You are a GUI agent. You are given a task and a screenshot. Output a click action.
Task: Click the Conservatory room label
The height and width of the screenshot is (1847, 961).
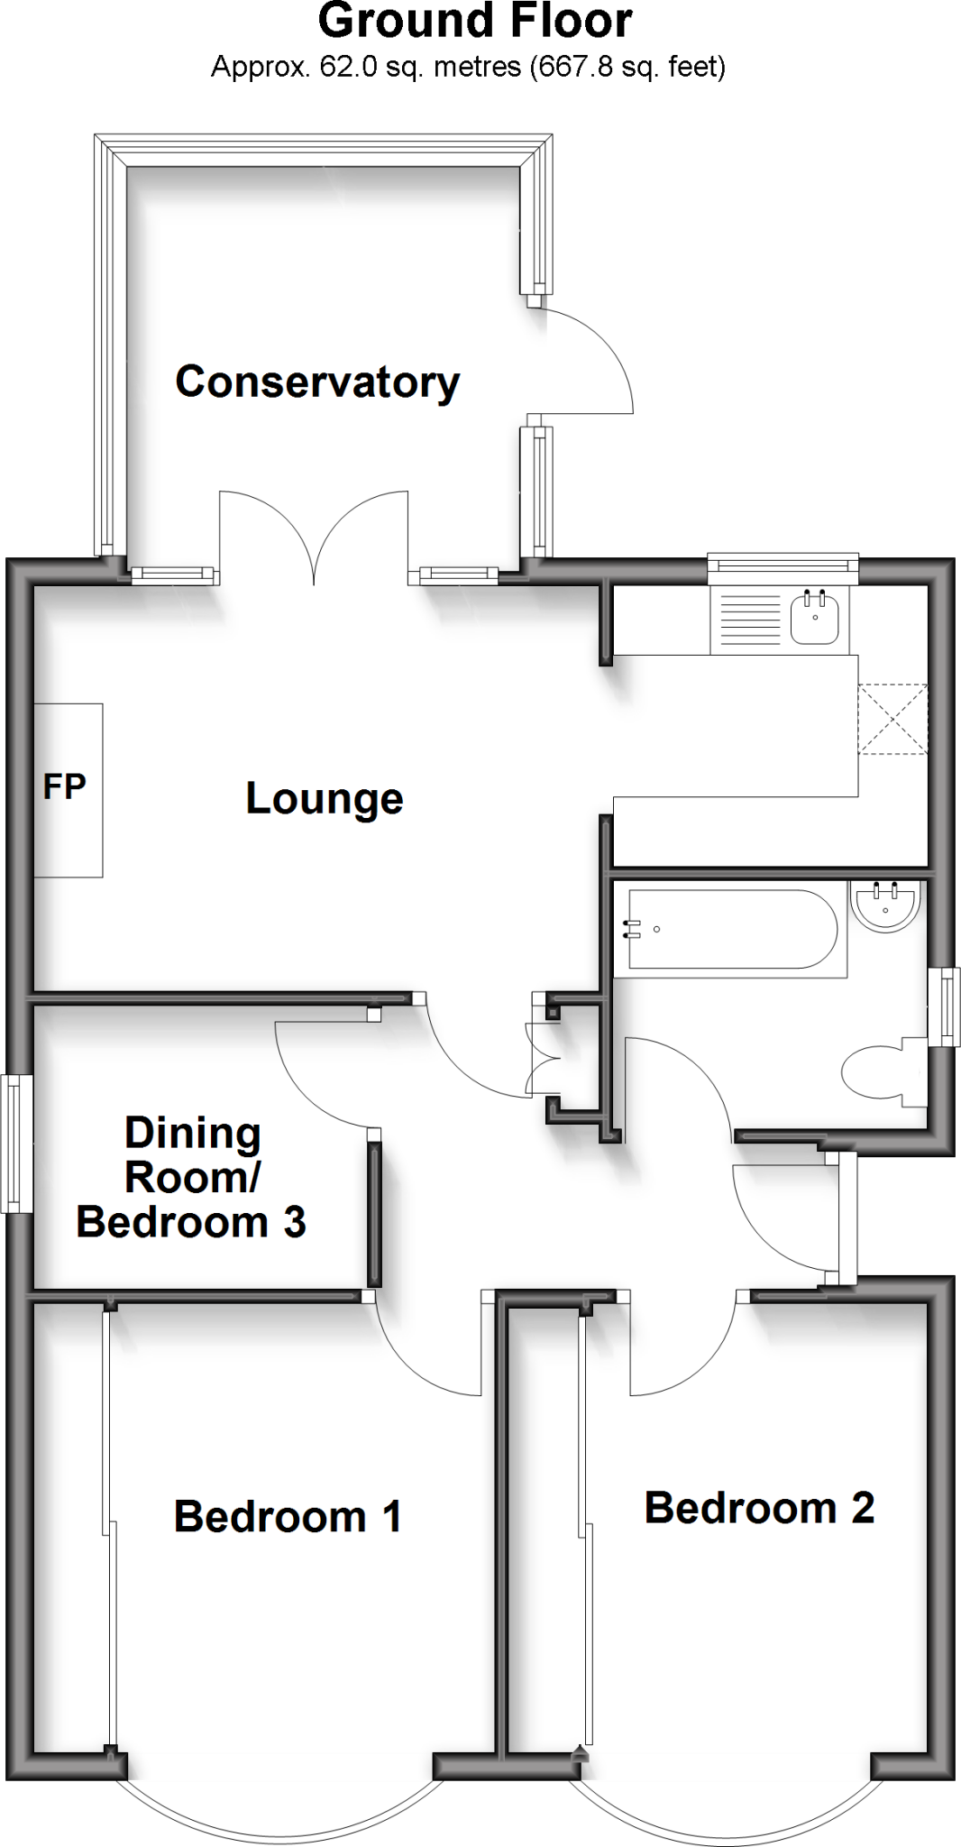tap(317, 382)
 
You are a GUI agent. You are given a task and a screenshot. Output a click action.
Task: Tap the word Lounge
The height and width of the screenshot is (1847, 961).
tap(325, 799)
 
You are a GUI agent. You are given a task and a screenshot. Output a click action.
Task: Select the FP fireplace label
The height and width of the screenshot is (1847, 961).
tap(65, 787)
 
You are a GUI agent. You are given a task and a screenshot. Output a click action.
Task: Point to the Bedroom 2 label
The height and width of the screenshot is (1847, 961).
tap(759, 1508)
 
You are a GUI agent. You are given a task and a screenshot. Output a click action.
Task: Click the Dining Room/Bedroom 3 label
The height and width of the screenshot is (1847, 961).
tap(191, 1178)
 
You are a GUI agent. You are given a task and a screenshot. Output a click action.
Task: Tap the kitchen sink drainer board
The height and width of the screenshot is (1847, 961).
tap(746, 620)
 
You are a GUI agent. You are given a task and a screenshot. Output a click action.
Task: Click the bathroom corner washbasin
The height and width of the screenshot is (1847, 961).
tap(887, 904)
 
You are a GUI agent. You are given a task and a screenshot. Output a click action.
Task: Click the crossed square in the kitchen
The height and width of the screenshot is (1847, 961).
tap(892, 719)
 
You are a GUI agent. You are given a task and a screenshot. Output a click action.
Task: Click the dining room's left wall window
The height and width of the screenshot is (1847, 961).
tap(14, 1143)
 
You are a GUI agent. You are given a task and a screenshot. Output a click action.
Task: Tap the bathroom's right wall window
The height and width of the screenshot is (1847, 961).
tap(944, 1006)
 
